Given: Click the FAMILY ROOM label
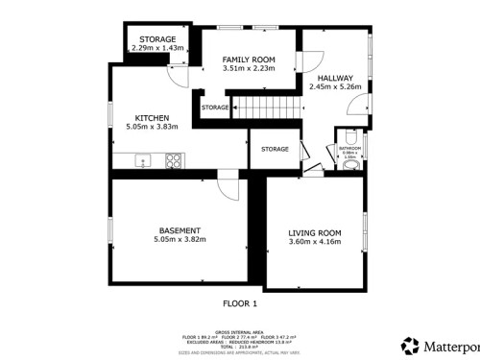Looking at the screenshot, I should pos(235,60).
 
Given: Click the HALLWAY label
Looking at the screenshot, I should pos(335,78).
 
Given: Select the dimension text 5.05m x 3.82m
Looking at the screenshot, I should pos(180,239).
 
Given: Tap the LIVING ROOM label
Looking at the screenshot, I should pos(315,232).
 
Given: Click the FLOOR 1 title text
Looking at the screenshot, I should pos(240,303).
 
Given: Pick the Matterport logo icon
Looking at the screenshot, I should pos(410,344).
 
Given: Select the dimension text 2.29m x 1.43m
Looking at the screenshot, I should pos(157,47).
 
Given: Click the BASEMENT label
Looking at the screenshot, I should pos(180,230).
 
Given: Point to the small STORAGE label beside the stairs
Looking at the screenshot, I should pos(215,108).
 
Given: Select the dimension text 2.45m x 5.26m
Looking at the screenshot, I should pos(335,86).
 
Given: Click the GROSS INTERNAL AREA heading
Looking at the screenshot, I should pos(240,331).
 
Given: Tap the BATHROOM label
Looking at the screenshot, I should pos(351,148).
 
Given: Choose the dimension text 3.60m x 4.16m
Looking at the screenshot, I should pos(315,241).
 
